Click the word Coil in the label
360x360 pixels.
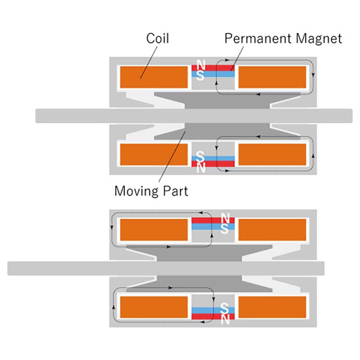click(157, 38)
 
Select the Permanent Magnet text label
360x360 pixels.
click(283, 38)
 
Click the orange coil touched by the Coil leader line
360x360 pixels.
click(153, 77)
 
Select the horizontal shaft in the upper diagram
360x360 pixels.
click(193, 116)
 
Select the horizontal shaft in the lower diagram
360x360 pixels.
click(166, 268)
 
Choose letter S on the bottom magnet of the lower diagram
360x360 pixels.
click(226, 310)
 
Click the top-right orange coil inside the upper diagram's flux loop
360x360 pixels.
click(272, 77)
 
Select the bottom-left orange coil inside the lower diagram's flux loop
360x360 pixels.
click(153, 307)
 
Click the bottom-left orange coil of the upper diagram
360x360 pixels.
click(153, 154)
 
